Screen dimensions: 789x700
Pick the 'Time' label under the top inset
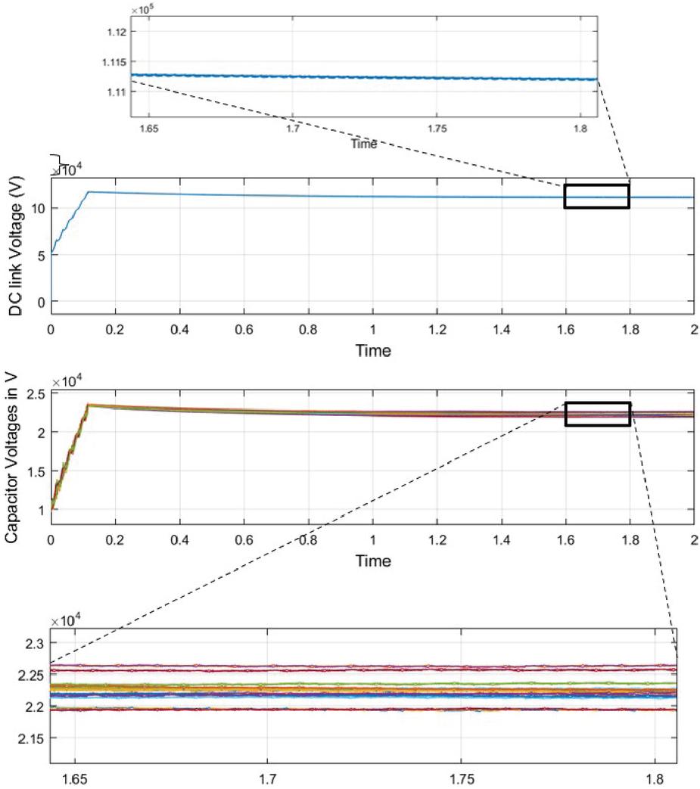pos(363,144)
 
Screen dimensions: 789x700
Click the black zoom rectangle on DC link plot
pos(596,196)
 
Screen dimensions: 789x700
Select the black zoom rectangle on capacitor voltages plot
pos(598,414)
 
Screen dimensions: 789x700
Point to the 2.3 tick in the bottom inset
pos(35,643)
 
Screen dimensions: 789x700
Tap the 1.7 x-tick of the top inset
pos(294,129)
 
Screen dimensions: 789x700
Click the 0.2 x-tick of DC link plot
pos(115,329)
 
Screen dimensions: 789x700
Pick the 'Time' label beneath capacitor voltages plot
pos(372,561)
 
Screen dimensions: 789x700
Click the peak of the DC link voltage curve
pos(89,191)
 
